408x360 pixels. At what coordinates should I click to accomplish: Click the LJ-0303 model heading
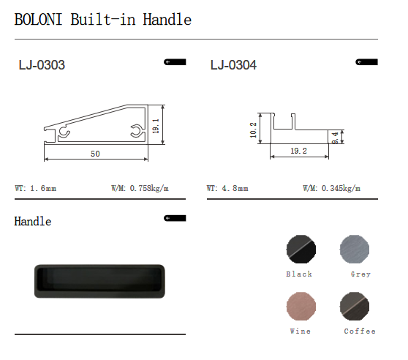pos(42,65)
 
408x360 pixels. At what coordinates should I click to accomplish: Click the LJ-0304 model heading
pos(233,65)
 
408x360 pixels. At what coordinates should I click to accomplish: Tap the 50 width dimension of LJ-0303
pos(95,154)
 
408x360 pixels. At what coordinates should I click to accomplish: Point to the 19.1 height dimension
pos(156,126)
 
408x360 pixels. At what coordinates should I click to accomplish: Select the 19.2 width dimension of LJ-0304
pos(299,151)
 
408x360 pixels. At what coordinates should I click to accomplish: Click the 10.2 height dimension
pos(253,130)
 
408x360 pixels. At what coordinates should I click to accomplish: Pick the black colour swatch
pos(301,249)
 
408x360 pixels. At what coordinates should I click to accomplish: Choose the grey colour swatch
pos(355,249)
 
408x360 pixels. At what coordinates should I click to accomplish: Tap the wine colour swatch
pos(301,306)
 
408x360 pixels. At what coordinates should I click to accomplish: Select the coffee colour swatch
pos(355,306)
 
